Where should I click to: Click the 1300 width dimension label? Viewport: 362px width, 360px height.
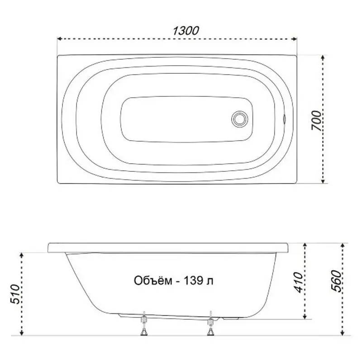[186, 31]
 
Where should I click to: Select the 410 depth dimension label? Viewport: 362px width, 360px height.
[297, 281]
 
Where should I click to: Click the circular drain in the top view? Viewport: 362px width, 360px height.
[239, 119]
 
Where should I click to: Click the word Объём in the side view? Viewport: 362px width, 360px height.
[152, 281]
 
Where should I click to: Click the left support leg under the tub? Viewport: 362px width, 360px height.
[144, 325]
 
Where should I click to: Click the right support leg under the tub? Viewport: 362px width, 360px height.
[210, 325]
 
